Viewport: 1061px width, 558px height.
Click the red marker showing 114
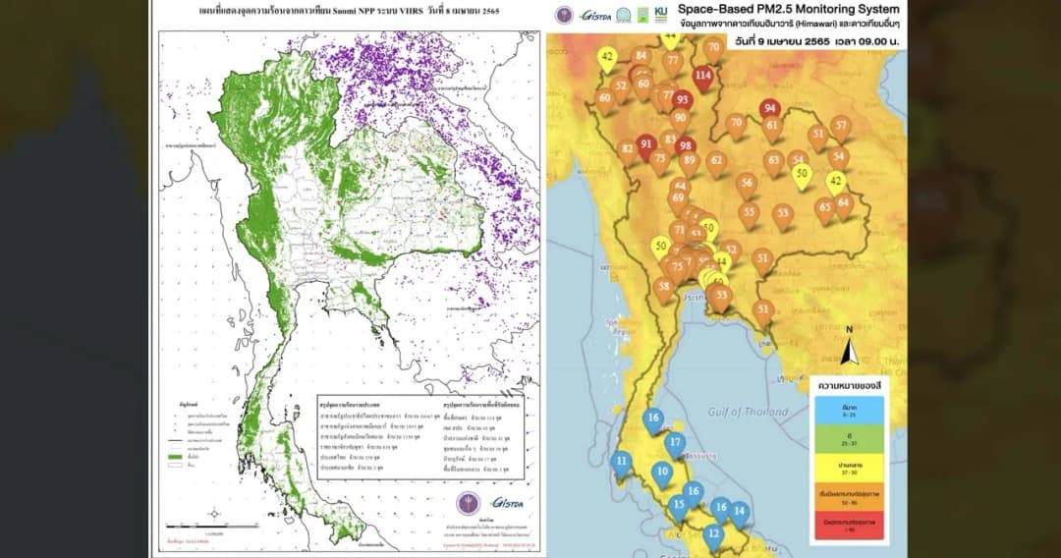(702, 76)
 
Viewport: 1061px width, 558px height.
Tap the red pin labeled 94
(770, 109)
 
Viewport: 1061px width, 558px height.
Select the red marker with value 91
(645, 145)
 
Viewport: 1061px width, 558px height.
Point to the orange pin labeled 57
(840, 126)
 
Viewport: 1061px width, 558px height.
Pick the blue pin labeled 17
(674, 443)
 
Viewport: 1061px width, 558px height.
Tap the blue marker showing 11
(622, 461)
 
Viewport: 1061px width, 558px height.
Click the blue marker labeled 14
(739, 512)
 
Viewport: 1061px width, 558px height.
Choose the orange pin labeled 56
(748, 183)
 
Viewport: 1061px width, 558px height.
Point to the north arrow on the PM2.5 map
(852, 350)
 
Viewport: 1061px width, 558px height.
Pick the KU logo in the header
(643, 15)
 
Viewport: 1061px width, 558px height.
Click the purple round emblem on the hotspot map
(469, 503)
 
